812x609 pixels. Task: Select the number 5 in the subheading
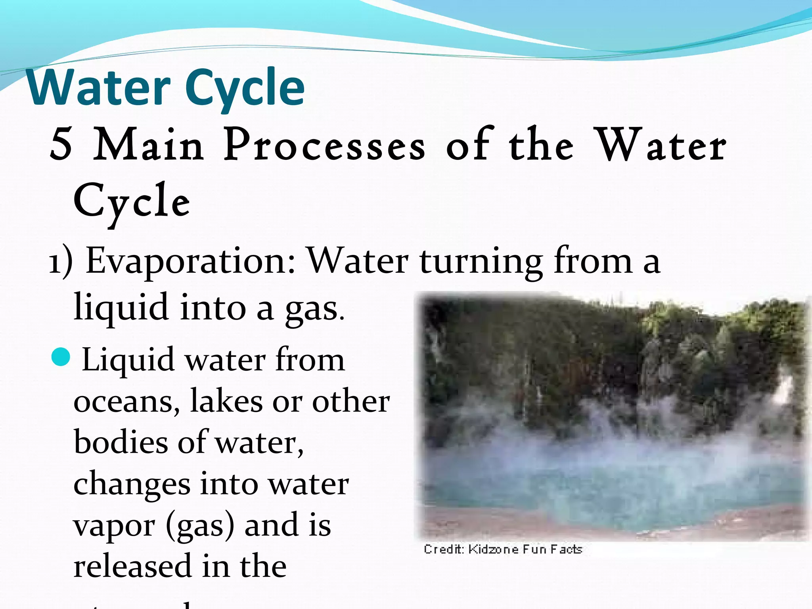(x=61, y=145)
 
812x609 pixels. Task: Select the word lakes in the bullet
(x=226, y=401)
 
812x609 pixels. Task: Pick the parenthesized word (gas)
(x=201, y=526)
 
